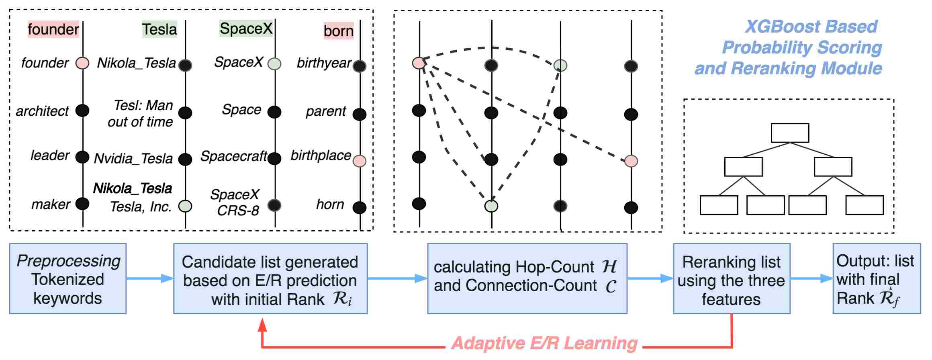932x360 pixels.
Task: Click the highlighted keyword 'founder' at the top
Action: tap(53, 29)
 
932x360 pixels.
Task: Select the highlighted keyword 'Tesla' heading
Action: tap(159, 29)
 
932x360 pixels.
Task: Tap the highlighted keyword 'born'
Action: tap(339, 31)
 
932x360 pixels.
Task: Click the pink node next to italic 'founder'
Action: tap(82, 63)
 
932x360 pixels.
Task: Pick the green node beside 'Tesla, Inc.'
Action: tap(185, 206)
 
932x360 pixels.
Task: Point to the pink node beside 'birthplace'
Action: tap(360, 161)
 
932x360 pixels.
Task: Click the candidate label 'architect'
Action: tap(42, 111)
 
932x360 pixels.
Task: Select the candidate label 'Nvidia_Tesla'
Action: tap(133, 159)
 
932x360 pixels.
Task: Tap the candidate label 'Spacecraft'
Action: tap(234, 156)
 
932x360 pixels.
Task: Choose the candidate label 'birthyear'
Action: tap(324, 63)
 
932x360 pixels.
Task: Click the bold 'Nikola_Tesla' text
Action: tap(133, 188)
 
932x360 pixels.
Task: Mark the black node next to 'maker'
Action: tap(82, 204)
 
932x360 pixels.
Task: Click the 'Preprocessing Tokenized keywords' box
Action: tap(68, 278)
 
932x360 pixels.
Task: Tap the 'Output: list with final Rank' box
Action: tap(877, 278)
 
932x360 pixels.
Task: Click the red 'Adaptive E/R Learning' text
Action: tap(544, 344)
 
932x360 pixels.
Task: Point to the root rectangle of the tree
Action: tap(790, 133)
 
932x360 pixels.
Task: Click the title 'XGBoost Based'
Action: tap(811, 27)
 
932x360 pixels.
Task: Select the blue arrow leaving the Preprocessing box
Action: tap(150, 278)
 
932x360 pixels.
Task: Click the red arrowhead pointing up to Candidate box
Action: tap(262, 325)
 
